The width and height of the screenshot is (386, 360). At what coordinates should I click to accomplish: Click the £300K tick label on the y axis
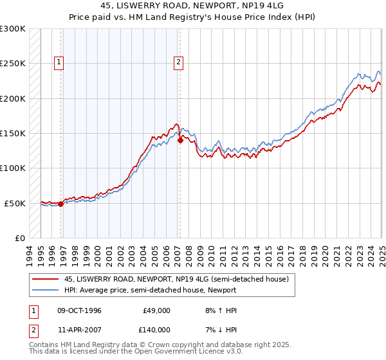pos(13,29)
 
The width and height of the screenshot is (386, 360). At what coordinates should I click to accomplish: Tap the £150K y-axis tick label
pos(13,134)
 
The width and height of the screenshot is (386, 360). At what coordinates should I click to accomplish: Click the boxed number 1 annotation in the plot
pos(59,62)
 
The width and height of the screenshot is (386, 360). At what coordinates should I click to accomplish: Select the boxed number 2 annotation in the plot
pos(178,62)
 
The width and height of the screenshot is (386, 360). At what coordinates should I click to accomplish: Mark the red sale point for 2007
pos(180,140)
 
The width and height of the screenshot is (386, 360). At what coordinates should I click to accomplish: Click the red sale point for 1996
pos(61,204)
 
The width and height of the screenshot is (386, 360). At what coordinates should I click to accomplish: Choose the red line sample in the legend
pos(46,279)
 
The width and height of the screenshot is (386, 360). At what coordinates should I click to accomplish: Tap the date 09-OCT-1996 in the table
pos(80,310)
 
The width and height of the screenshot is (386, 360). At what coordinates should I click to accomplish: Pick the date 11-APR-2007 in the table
pos(80,329)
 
